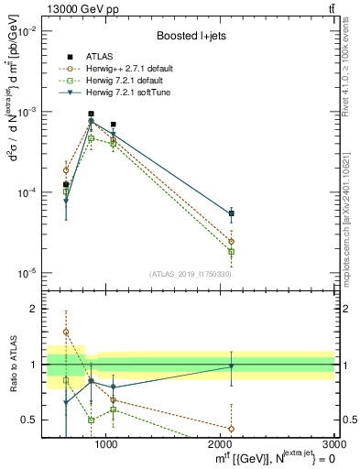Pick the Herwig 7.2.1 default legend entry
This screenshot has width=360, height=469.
125,81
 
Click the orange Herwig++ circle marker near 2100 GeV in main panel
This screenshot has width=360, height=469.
231,242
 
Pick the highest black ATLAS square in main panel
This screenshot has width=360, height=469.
91,115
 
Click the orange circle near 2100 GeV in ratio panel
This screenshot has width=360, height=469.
231,429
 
